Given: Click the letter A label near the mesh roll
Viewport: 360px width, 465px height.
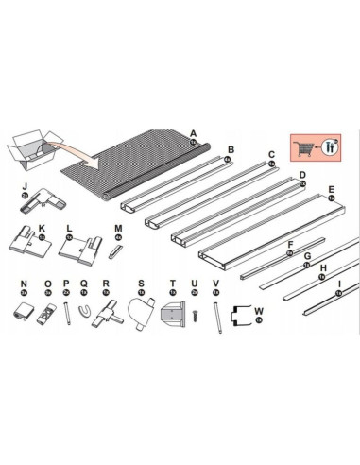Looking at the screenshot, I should click(193, 133).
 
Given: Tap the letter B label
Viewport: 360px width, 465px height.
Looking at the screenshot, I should click(231, 149).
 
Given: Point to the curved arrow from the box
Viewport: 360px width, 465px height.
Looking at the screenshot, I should click(77, 146).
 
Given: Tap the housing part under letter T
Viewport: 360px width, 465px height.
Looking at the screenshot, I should click(172, 313).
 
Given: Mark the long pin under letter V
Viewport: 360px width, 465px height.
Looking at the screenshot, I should click(215, 315).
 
